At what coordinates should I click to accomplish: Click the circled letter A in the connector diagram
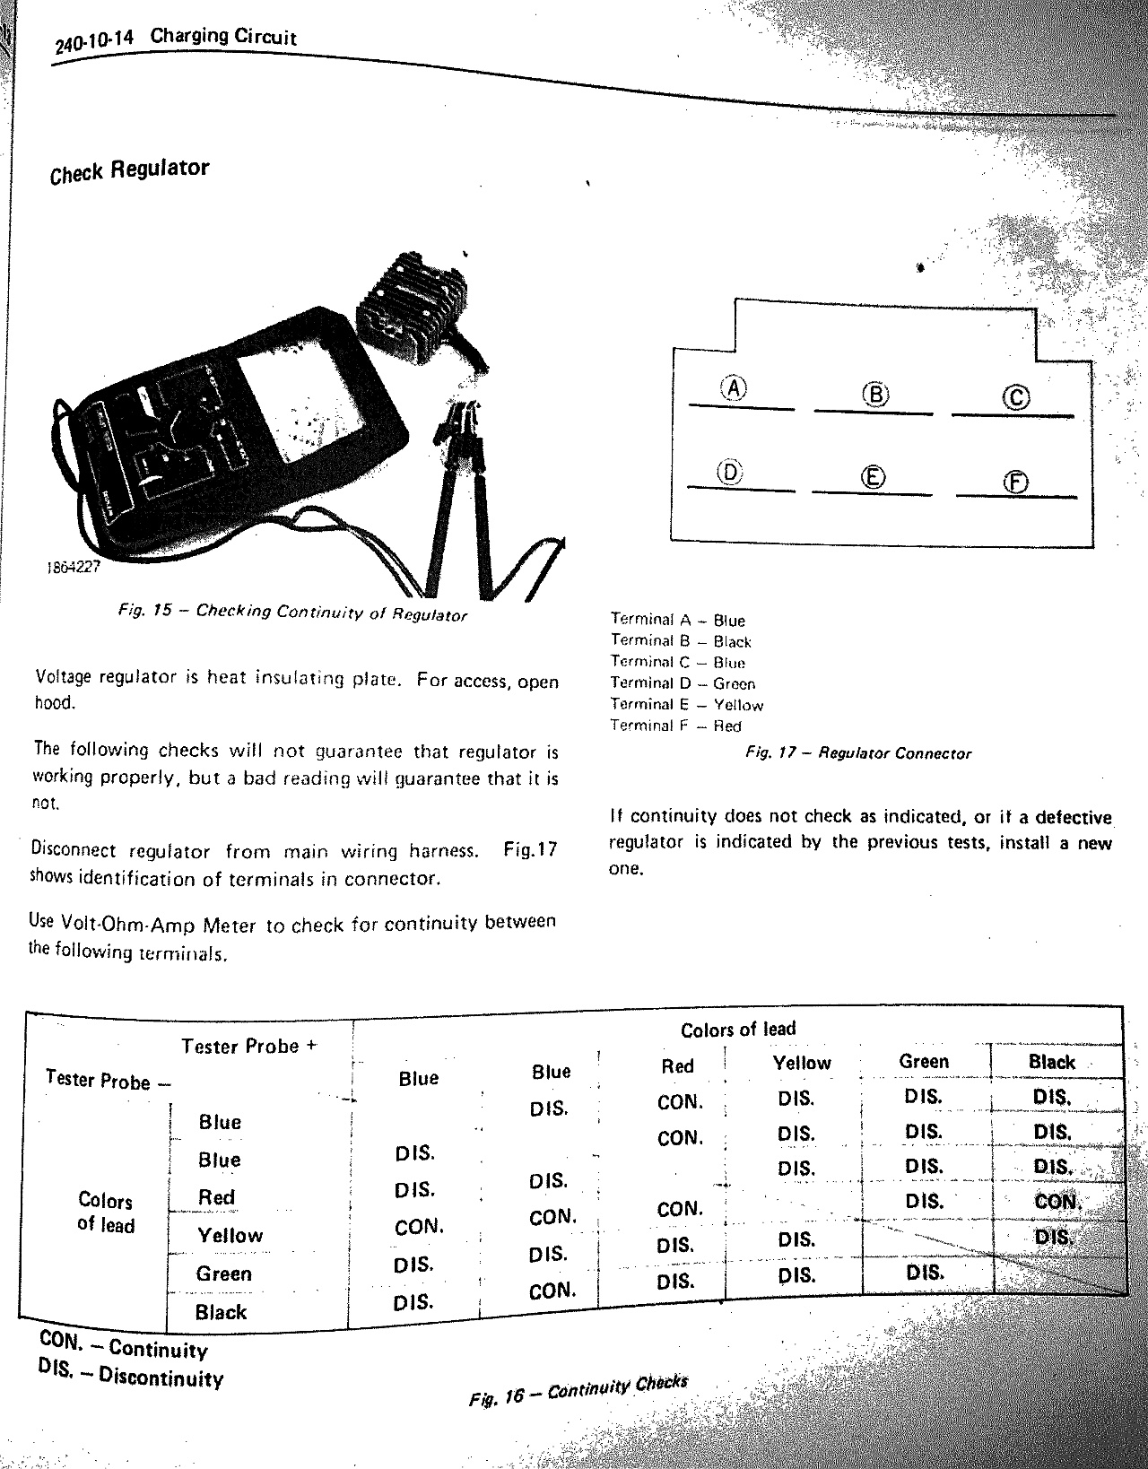pos(735,388)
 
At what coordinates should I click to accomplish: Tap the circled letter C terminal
pos(1017,397)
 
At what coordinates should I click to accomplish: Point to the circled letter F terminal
pos(1015,482)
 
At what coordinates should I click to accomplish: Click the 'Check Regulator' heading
pos(130,170)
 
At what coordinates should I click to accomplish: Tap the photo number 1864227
pos(73,567)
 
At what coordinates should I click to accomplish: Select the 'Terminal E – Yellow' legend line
pos(686,705)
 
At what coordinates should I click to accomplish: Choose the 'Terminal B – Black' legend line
pos(681,641)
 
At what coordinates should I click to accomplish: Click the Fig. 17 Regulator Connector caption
pos(858,753)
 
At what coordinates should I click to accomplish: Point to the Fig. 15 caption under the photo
pos(292,613)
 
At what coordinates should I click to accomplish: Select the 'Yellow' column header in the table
pos(802,1064)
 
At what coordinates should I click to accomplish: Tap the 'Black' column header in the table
pos(1051,1063)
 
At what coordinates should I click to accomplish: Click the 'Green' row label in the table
pos(224,1273)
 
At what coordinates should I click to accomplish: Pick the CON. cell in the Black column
pos(1057,1202)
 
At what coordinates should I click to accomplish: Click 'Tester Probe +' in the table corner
pos(248,1047)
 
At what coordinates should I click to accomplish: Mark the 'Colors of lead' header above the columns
pos(738,1030)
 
